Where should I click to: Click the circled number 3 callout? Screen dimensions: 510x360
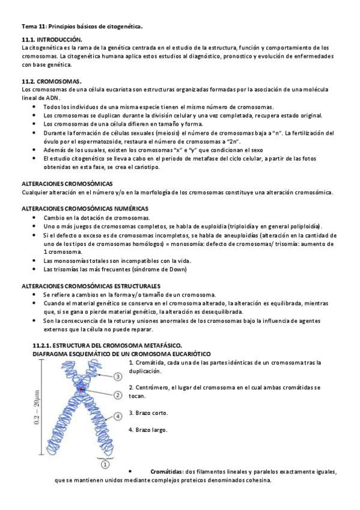(x=118, y=376)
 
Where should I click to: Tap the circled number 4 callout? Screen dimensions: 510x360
(x=118, y=415)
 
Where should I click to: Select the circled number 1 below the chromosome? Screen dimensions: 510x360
(x=105, y=464)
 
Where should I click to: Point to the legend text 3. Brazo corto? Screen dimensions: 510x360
(x=148, y=413)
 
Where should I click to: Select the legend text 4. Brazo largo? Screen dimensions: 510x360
(x=148, y=429)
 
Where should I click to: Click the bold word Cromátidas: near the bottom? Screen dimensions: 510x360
(x=167, y=472)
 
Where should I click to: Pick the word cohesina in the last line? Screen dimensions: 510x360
(x=255, y=481)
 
